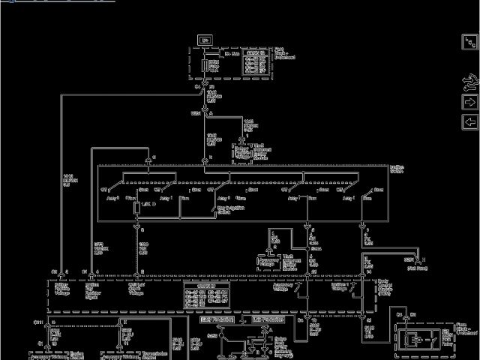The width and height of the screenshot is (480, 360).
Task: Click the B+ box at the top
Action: coord(205,39)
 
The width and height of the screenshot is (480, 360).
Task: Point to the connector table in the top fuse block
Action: coord(255,63)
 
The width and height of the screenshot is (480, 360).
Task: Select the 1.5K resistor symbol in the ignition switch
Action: coord(136,205)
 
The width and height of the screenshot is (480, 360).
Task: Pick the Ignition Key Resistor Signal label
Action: coord(98,290)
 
